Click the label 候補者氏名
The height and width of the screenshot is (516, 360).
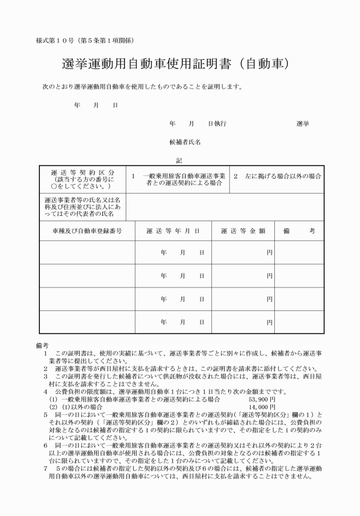[185, 142]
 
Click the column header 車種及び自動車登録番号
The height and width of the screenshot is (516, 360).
[83, 231]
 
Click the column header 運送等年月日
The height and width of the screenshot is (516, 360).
[173, 231]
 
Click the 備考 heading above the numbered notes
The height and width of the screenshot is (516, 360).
[42, 346]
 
